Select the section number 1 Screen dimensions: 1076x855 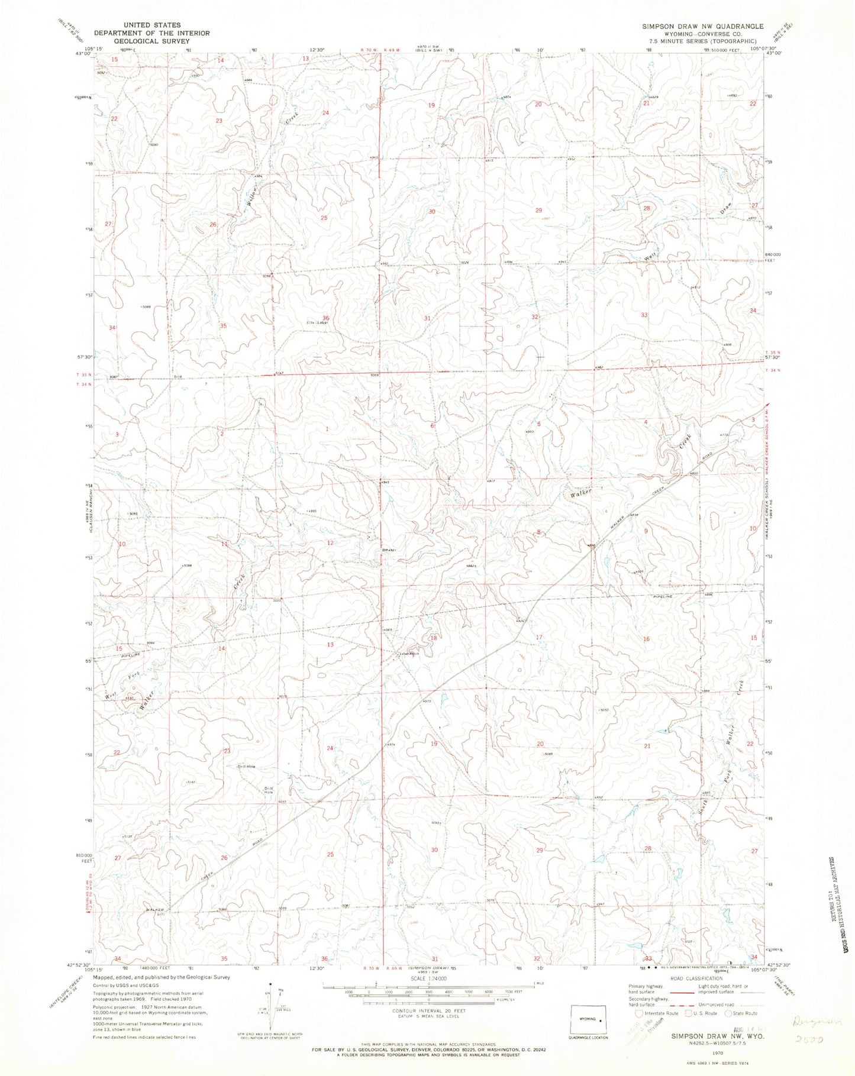click(x=327, y=429)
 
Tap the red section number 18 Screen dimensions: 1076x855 click(x=434, y=638)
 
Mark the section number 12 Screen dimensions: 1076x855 click(x=330, y=543)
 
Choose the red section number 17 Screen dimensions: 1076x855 click(x=539, y=637)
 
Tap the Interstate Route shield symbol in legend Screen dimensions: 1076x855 click(x=638, y=1013)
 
